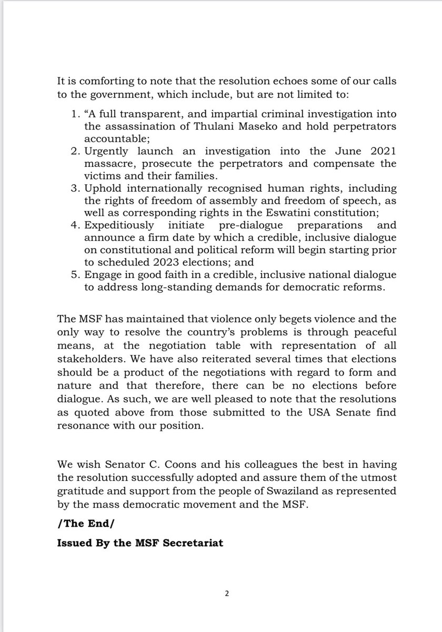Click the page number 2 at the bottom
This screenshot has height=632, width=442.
[x=227, y=594]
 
